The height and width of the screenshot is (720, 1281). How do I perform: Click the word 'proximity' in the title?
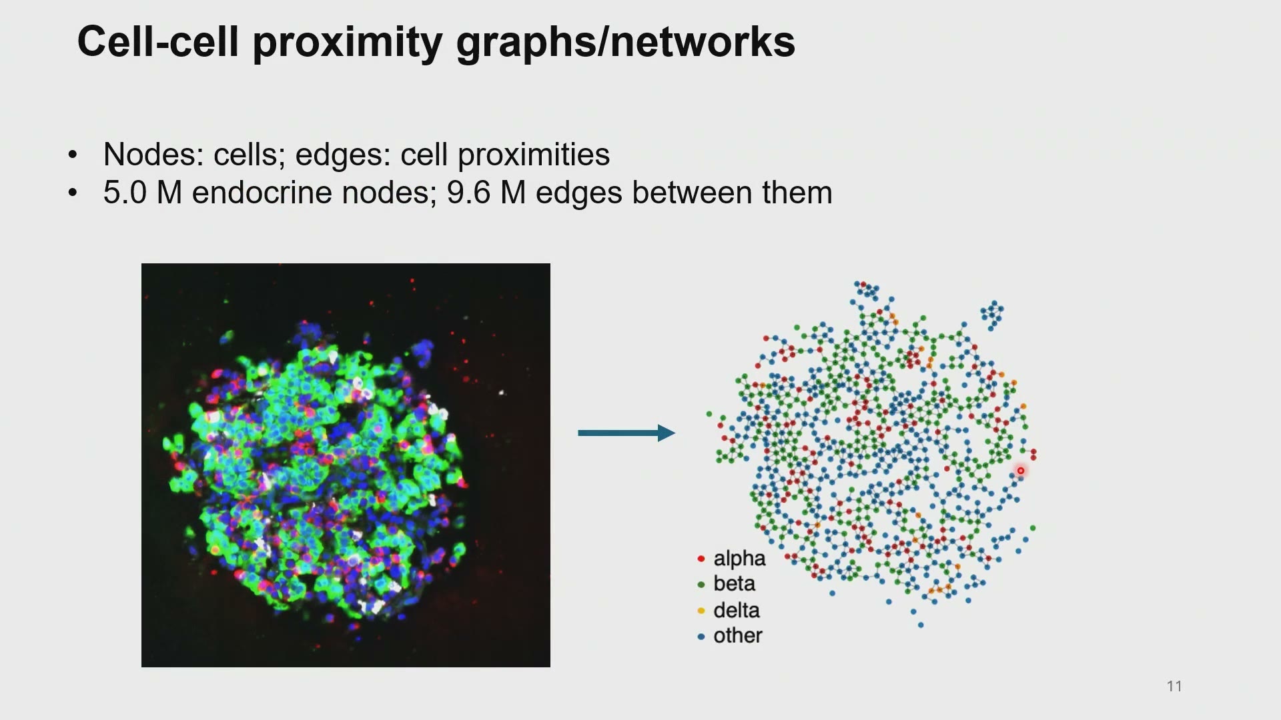348,42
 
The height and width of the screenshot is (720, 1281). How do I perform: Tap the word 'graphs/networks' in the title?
626,42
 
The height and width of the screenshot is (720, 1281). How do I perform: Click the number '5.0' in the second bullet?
125,193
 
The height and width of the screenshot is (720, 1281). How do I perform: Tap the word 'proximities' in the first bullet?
533,155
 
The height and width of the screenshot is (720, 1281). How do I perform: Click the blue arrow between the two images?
626,433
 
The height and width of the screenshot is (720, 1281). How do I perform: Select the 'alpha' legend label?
739,559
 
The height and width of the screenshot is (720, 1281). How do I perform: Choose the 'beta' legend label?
734,583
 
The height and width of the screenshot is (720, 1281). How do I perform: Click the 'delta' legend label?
737,610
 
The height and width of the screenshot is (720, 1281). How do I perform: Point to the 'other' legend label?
738,635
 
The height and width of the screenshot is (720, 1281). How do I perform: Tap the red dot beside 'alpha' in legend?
701,559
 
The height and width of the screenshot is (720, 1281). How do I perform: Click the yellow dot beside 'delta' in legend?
701,611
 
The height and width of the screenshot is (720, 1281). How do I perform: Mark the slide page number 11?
1174,686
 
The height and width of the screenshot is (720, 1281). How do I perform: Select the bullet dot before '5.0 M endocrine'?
73,193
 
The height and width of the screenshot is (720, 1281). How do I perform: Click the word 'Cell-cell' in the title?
158,42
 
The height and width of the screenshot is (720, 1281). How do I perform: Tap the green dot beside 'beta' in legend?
701,585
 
